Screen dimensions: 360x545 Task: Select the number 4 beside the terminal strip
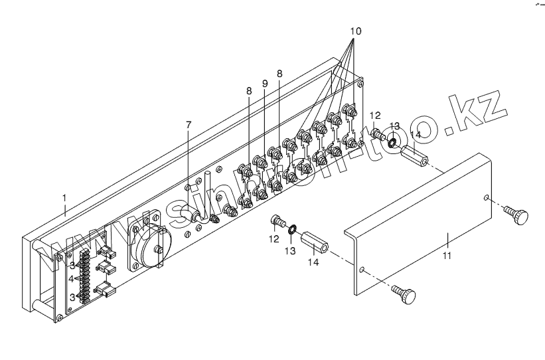[x=71, y=278]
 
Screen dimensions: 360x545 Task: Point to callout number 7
[x=189, y=124]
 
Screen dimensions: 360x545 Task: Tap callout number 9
[x=264, y=84]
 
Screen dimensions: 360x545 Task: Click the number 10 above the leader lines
[x=356, y=31]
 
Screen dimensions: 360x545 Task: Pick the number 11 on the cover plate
[x=447, y=255]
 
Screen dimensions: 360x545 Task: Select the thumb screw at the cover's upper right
[x=517, y=214]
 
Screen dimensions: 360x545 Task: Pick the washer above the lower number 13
[x=291, y=230]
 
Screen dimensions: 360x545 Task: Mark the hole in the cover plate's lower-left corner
[x=362, y=270]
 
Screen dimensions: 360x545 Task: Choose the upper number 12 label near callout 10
[x=376, y=116]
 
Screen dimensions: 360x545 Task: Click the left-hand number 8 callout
[x=249, y=90]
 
